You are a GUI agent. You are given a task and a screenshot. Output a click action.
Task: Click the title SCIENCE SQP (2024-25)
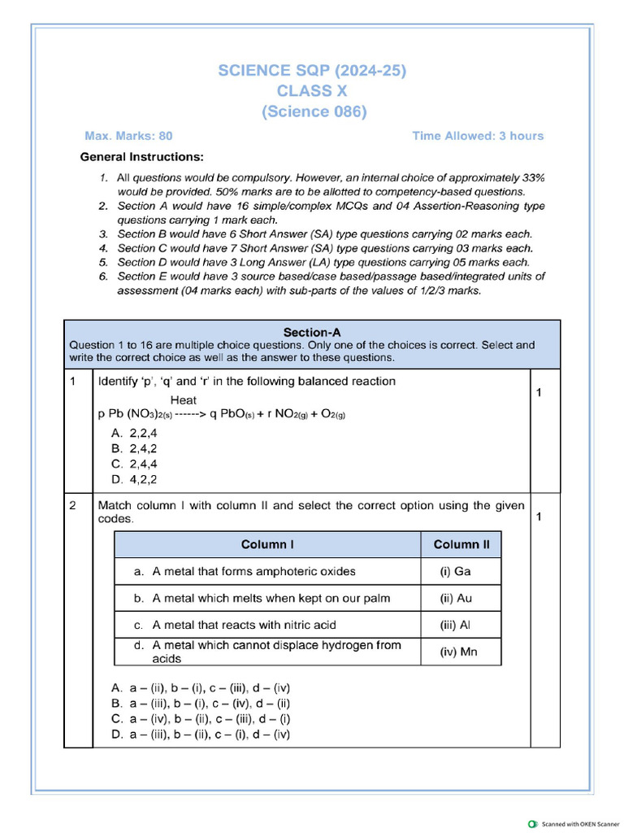point(312,71)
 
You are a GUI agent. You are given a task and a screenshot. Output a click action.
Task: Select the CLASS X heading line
point(312,91)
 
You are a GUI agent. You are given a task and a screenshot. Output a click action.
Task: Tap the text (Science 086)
point(314,111)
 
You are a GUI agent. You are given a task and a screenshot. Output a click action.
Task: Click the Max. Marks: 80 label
point(128,136)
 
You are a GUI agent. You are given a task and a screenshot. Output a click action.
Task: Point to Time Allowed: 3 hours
point(478,136)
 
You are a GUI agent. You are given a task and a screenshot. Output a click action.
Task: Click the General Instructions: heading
point(142,156)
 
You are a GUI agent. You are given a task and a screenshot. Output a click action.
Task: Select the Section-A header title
point(312,332)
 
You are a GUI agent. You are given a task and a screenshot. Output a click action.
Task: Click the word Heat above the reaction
point(184,399)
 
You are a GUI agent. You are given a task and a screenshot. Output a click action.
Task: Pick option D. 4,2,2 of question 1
point(134,479)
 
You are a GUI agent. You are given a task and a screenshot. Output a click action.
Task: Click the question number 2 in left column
point(73,505)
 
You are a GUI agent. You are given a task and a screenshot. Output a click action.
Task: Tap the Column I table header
point(267,544)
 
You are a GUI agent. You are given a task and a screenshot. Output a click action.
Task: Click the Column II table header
point(461,544)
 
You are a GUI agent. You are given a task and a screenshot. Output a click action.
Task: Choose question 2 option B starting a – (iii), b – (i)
point(201,703)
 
